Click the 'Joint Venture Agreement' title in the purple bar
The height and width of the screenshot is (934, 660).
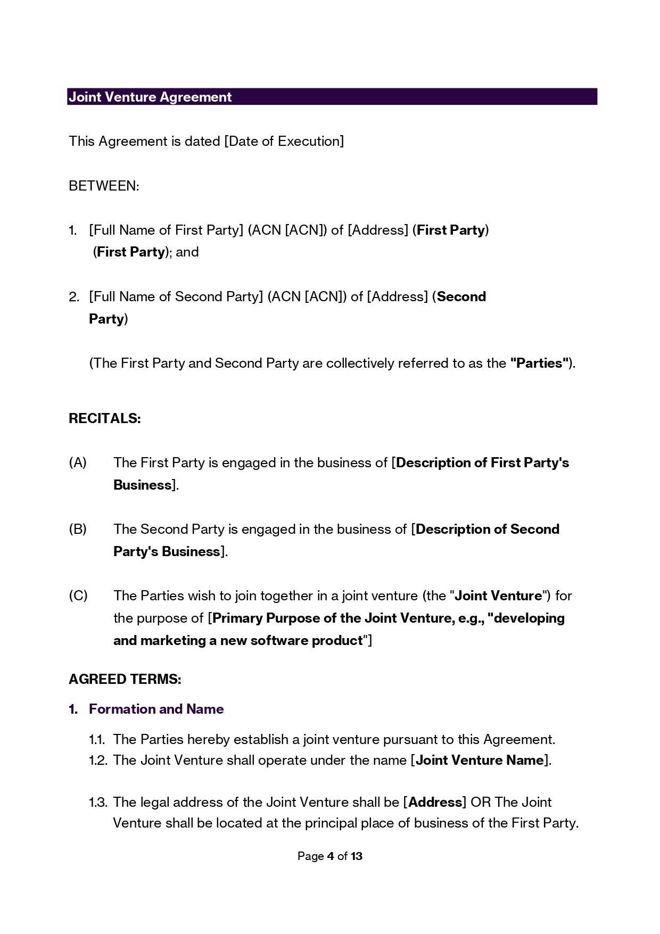pyautogui.click(x=150, y=97)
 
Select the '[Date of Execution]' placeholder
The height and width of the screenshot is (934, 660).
pyautogui.click(x=284, y=141)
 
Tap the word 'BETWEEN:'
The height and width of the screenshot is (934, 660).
pyautogui.click(x=104, y=186)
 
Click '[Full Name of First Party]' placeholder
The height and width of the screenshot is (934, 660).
pyautogui.click(x=166, y=230)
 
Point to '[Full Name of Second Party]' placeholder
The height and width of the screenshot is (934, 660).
pyautogui.click(x=176, y=296)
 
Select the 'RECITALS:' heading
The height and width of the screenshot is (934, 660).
pyautogui.click(x=105, y=418)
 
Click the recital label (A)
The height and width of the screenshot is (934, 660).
pyautogui.click(x=78, y=462)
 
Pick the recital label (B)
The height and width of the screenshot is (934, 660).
pyautogui.click(x=78, y=529)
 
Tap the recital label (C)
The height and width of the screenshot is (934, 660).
pyautogui.click(x=78, y=596)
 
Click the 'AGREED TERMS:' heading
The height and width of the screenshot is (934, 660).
pyautogui.click(x=125, y=679)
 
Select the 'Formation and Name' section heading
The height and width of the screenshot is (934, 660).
pyautogui.click(x=156, y=709)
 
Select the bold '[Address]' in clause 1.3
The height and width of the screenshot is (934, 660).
pyautogui.click(x=435, y=802)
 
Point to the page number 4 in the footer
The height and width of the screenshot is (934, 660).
pyautogui.click(x=331, y=856)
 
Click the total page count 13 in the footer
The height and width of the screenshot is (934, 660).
pyautogui.click(x=357, y=856)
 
